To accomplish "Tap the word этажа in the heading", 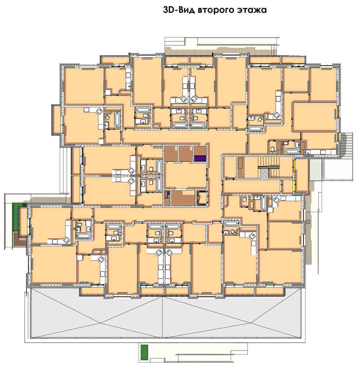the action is pos(252,10).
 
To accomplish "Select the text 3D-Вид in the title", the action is pos(179,10).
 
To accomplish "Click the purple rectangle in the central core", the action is pos(200,158).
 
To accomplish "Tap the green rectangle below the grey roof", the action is pos(144,352).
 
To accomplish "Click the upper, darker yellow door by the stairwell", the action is pos(294,166).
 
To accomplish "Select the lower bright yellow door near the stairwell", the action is pos(294,186).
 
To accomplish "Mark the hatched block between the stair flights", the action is pos(265,173).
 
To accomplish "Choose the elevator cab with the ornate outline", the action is pos(202,198).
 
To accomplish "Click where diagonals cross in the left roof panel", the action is pos(102,323).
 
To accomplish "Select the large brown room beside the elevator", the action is pos(183,198).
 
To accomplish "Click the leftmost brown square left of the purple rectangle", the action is pos(170,154).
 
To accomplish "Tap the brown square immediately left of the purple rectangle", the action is pos(186,154).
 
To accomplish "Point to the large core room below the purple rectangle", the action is pos(186,176).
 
